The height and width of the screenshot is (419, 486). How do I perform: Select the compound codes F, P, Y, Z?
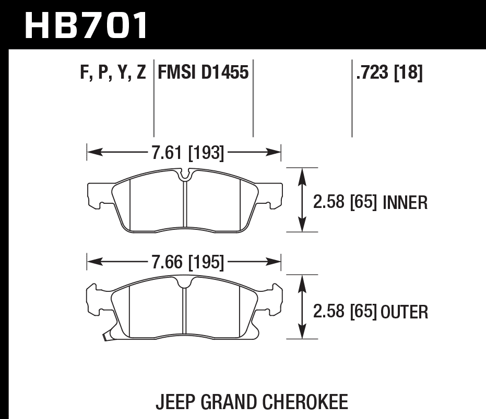click(x=113, y=72)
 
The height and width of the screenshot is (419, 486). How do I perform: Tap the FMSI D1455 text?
click(x=203, y=72)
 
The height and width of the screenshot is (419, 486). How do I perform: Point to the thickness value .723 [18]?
click(x=389, y=72)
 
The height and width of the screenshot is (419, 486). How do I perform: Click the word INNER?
click(x=405, y=202)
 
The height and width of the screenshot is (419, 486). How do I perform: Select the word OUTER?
click(x=405, y=312)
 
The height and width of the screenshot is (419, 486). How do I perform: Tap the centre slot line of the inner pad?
click(x=185, y=206)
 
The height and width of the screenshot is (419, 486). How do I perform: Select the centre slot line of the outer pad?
click(x=185, y=313)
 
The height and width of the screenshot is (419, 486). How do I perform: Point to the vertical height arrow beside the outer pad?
click(x=301, y=307)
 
